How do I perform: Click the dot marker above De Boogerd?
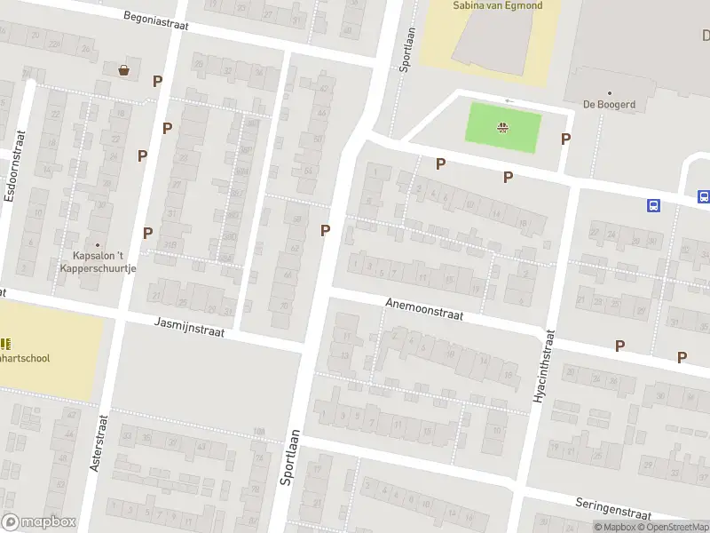(610, 92)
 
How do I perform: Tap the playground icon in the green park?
(503, 127)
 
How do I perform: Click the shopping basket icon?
(123, 69)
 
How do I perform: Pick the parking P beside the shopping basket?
(157, 81)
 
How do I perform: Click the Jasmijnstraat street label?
(189, 327)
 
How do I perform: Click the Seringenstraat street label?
(612, 508)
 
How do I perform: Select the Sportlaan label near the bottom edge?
(288, 457)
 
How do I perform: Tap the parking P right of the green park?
(565, 139)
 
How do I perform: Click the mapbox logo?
(39, 521)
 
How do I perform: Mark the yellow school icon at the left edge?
(5, 344)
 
